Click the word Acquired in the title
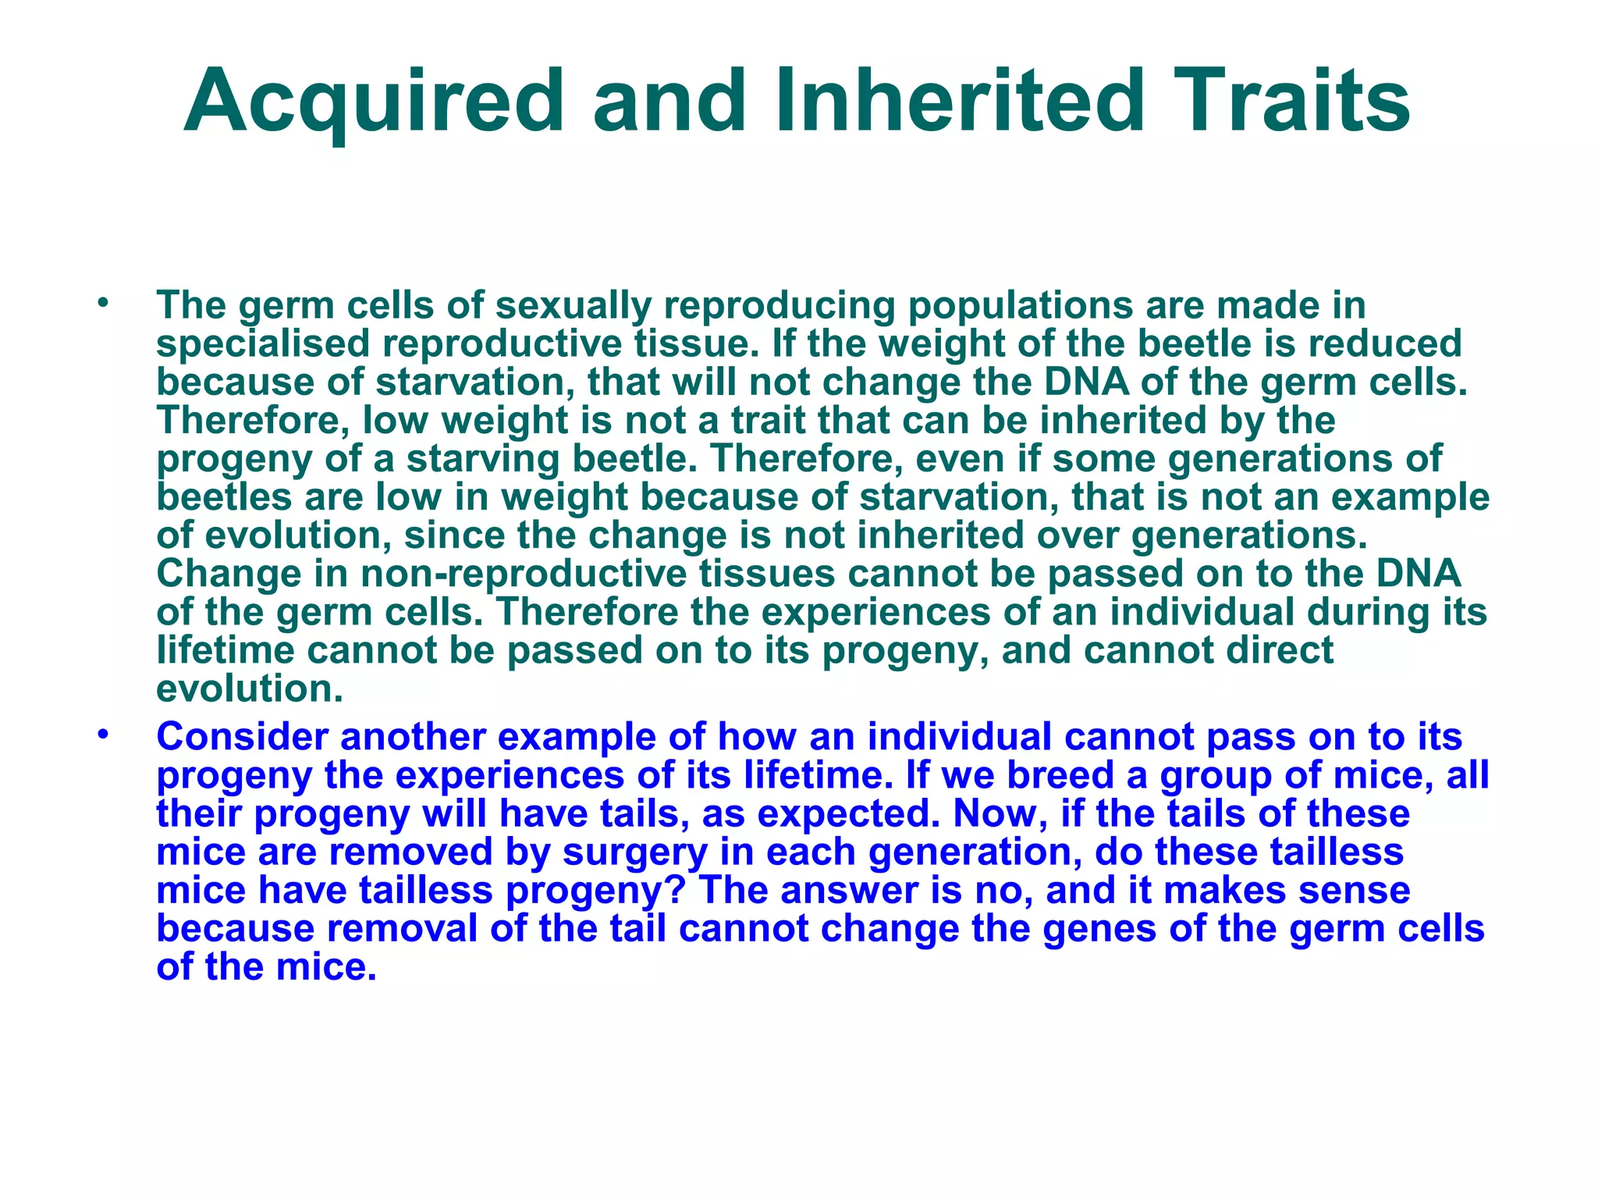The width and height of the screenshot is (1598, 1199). click(x=374, y=102)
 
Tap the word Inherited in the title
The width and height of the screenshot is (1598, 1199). click(x=959, y=102)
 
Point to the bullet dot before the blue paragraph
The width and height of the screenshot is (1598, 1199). click(x=101, y=735)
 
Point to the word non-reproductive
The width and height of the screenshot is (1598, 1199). click(x=524, y=574)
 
